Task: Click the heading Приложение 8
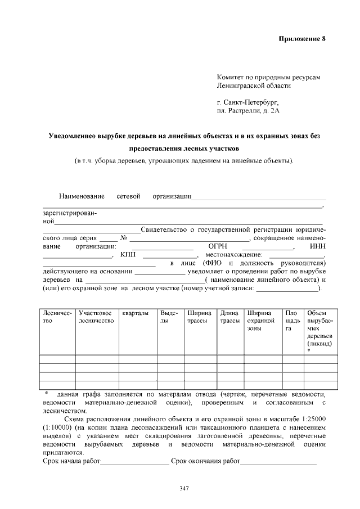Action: pyautogui.click(x=302, y=39)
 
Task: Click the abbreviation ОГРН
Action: pyautogui.click(x=217, y=246)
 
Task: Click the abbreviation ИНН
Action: pyautogui.click(x=318, y=246)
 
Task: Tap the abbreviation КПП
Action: pyautogui.click(x=128, y=255)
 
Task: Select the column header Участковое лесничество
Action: pyautogui.click(x=96, y=317)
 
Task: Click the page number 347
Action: pyautogui.click(x=183, y=488)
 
